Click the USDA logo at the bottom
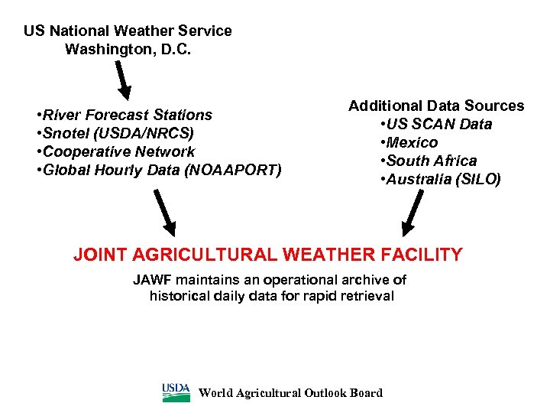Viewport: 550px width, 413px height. click(176, 392)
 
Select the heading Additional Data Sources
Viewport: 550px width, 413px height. click(436, 106)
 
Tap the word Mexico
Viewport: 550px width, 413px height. click(412, 142)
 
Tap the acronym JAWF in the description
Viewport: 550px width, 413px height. click(150, 280)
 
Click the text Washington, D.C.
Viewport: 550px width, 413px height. click(128, 50)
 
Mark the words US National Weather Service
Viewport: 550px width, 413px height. click(128, 31)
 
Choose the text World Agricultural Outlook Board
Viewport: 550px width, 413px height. click(290, 393)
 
